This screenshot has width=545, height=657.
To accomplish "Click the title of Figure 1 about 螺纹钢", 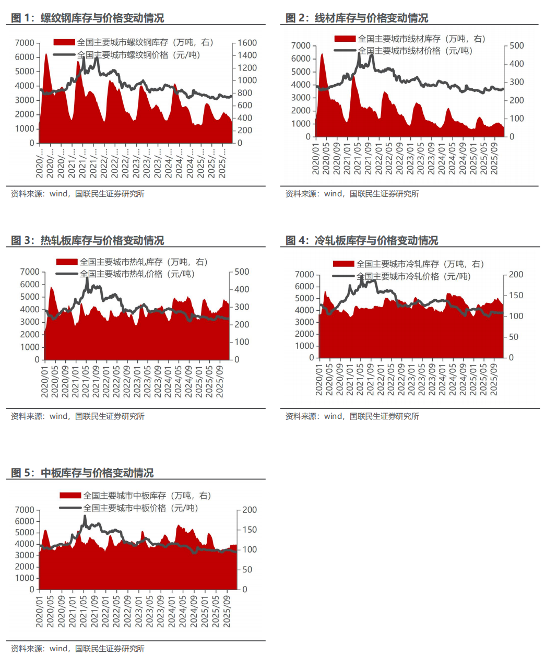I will pos(88,18).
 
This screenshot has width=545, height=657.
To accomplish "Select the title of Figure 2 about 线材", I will pos(357,18).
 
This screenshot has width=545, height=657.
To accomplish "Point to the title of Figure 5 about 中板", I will pos(82,473).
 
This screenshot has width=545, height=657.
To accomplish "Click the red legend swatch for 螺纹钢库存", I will pos(64,42).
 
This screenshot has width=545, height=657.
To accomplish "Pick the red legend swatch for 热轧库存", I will pos(67,262).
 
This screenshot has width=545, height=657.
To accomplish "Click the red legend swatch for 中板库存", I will pos(70,495).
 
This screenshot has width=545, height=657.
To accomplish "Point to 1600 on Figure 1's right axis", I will pos(247,43).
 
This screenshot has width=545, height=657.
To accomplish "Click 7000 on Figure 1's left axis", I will pos(25,43).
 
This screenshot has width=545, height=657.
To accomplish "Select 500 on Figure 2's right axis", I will pos(516,46).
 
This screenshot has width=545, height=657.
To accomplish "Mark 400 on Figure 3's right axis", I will pos(242,289).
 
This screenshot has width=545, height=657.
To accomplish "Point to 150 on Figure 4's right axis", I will pos(516,296).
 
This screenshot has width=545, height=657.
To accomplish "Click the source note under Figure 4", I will pos(352,416).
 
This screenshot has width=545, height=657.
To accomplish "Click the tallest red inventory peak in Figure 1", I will pos(46,54).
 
